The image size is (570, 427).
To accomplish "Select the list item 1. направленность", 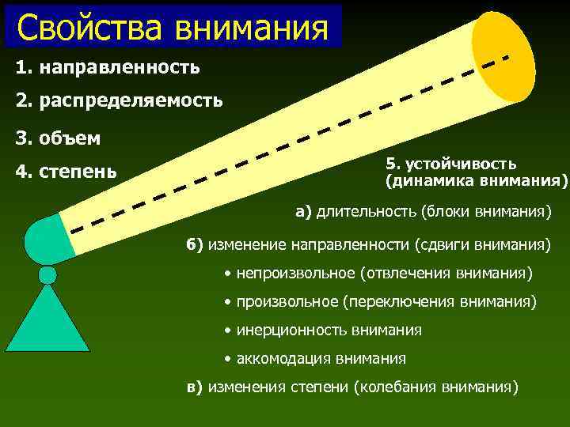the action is click(108, 67).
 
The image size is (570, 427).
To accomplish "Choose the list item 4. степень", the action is click(66, 171).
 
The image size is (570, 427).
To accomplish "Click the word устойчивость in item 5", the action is click(461, 164).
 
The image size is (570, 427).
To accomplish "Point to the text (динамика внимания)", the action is click(477, 181).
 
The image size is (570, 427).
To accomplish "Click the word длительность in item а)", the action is click(365, 211).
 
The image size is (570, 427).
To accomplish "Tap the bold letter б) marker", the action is click(195, 244).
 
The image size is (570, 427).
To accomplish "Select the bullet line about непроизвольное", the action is click(378, 273).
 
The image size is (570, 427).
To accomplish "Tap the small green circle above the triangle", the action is click(47, 274).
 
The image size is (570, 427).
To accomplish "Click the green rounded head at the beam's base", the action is click(46, 240).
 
